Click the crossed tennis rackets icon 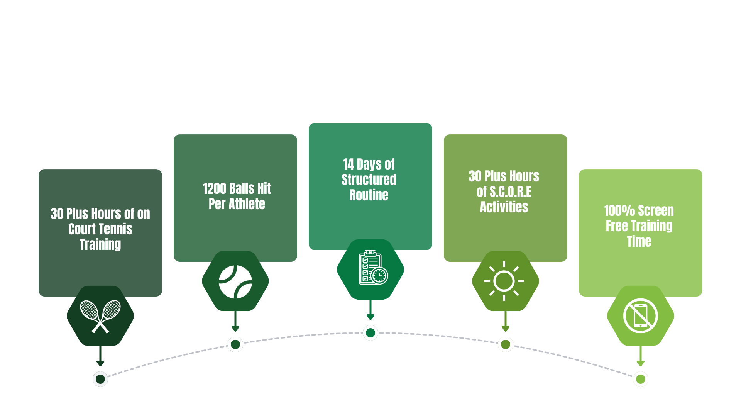100,316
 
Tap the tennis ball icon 235,281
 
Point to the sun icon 504,281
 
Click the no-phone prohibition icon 641,315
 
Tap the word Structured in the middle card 369,180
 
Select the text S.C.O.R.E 510,192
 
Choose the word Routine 369,195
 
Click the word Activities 504,207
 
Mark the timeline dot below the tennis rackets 100,379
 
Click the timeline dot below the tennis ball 235,344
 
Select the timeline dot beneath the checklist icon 370,333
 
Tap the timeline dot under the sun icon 506,344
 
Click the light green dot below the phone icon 641,379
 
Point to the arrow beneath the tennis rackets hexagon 100,357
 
